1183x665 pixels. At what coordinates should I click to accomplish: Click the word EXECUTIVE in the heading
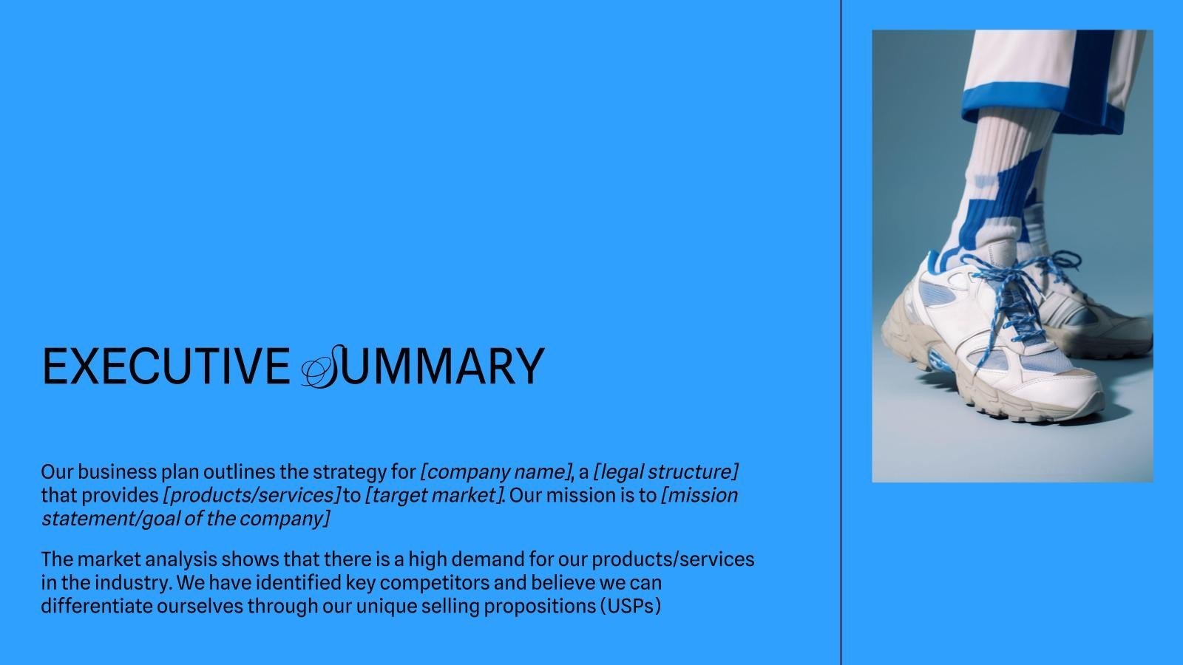[x=166, y=366]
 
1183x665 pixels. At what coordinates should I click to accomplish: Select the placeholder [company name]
[x=496, y=472]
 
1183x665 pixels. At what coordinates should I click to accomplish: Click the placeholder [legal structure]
[x=666, y=472]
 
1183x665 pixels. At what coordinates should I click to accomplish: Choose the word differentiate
[x=97, y=606]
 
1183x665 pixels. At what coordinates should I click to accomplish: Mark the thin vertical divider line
[x=841, y=332]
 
